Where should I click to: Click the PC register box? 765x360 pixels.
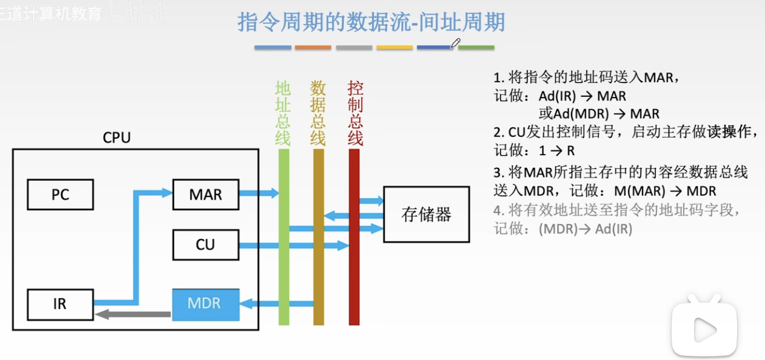61,195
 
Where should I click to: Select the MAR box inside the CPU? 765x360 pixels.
205,195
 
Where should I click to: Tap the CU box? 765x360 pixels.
205,245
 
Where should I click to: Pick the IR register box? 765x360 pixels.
61,304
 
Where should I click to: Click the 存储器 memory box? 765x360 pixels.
426,214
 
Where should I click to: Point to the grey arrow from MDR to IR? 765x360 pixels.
133,314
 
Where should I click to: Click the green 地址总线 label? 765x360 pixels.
283,113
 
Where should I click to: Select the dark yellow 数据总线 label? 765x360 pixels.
318,113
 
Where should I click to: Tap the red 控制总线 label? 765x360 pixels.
355,113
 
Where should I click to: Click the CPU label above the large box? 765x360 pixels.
116,138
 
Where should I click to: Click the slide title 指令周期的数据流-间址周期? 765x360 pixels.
371,22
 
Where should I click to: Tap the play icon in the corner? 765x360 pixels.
704,328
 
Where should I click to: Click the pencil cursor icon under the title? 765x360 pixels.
456,43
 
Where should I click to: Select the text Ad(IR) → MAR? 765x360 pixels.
582,96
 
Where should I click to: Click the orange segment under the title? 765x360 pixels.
313,47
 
